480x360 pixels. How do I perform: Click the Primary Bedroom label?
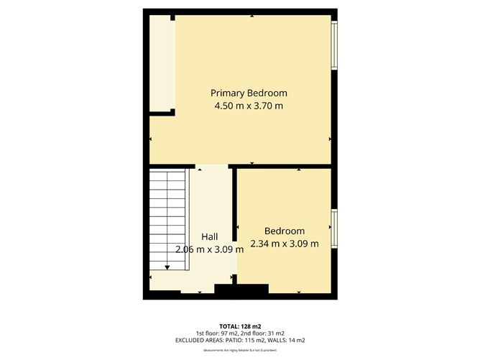click(x=249, y=93)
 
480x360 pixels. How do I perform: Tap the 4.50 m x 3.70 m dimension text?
click(x=249, y=106)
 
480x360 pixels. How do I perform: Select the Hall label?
click(x=210, y=236)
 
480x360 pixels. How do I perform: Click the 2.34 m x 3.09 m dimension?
click(x=285, y=244)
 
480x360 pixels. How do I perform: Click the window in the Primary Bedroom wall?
click(x=333, y=45)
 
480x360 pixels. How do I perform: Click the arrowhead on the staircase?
click(x=167, y=267)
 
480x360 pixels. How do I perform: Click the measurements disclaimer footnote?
click(x=240, y=350)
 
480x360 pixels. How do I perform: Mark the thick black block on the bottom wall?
click(x=241, y=289)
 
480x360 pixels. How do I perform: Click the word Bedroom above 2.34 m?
click(x=285, y=231)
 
